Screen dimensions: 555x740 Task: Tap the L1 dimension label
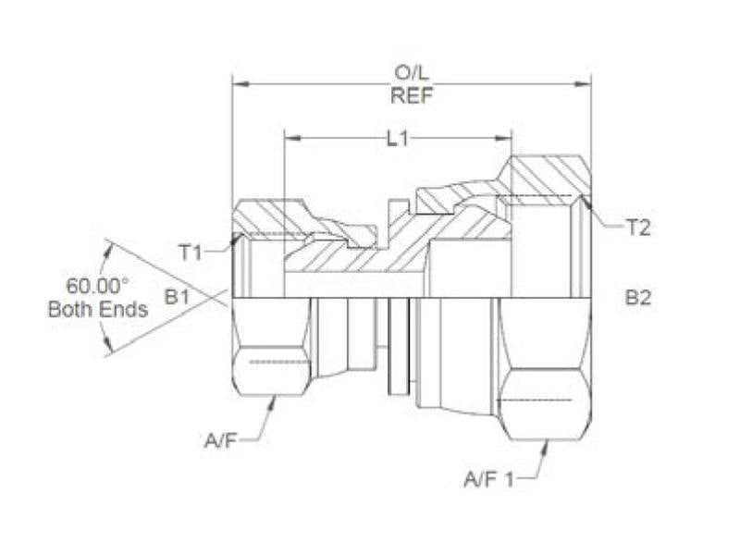(x=398, y=139)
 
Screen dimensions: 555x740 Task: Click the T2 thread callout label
(x=638, y=227)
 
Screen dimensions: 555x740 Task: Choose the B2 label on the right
(x=637, y=297)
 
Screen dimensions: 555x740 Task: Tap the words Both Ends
(x=97, y=309)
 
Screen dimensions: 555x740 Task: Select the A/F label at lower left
(x=223, y=441)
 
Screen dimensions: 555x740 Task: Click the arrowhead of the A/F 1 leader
(x=547, y=446)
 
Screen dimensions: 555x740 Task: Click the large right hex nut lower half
(x=545, y=370)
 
